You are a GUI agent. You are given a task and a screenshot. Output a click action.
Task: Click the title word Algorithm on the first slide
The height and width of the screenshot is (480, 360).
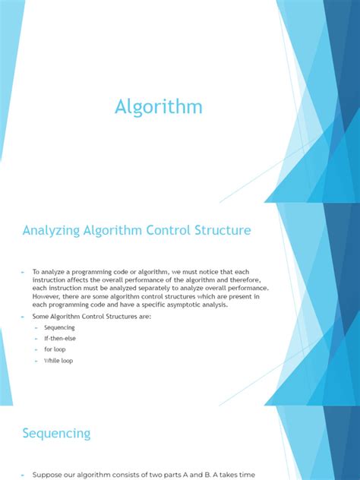click(159, 107)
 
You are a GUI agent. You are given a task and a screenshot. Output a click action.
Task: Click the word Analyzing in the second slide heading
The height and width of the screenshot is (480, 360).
click(54, 229)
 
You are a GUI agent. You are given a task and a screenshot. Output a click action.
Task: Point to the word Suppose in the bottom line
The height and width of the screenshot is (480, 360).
click(47, 475)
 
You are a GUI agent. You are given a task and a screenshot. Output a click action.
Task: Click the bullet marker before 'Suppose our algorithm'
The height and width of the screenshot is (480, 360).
click(24, 475)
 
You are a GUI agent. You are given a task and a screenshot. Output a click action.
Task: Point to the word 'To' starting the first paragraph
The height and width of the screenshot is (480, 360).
click(36, 271)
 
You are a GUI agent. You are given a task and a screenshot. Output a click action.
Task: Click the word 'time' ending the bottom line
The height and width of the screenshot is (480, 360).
click(251, 475)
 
